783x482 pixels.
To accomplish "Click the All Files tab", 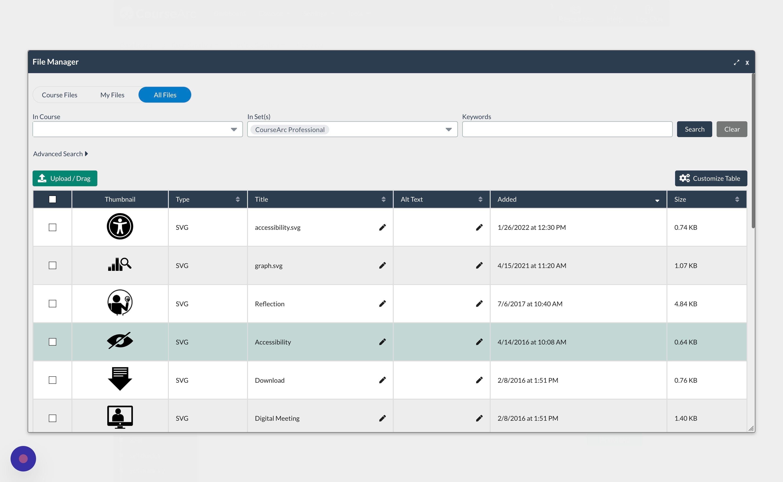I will (x=165, y=95).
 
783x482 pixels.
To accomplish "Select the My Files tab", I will (x=112, y=95).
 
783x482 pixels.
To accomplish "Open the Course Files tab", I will (x=60, y=95).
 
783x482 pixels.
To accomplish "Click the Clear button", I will (x=732, y=129).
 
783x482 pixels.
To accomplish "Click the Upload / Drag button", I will (x=65, y=179).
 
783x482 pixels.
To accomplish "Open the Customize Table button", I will (x=711, y=179).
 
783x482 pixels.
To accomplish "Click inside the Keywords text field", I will (x=567, y=129).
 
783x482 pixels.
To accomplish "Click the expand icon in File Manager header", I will (x=736, y=62).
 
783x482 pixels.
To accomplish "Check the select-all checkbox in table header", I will (x=53, y=199).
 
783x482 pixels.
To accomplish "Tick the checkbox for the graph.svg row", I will (x=53, y=266).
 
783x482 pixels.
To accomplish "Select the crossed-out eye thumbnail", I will (x=120, y=341).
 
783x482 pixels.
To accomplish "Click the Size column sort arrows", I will (x=737, y=199).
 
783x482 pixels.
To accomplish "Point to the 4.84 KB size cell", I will (x=686, y=304).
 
